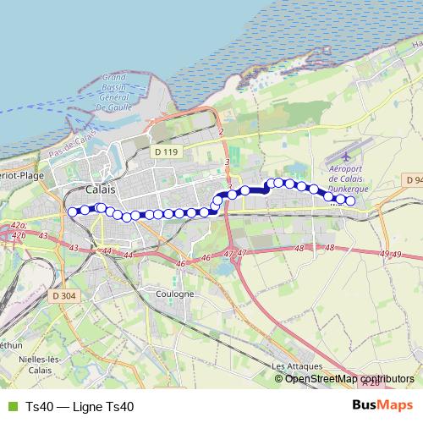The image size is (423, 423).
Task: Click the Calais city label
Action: coord(102,190)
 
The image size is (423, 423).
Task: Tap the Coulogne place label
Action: coord(175,294)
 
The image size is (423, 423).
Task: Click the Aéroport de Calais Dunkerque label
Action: coord(346,179)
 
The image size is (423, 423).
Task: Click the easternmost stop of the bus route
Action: coord(350,201)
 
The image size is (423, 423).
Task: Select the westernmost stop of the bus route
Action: coord(73,211)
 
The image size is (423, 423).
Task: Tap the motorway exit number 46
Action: coord(180,264)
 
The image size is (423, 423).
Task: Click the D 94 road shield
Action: coord(413,180)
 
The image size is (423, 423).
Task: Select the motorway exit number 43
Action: coord(74,248)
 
